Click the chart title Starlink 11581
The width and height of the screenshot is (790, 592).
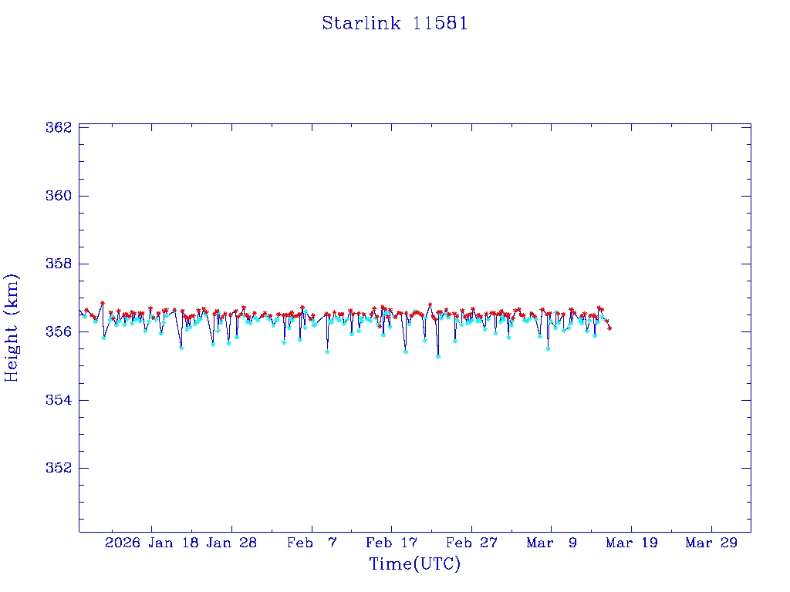click(394, 23)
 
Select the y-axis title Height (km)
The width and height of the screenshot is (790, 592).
click(12, 328)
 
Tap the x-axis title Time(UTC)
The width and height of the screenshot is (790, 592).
click(414, 564)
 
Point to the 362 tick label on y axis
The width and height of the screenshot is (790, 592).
click(59, 127)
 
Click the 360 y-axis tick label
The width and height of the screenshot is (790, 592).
click(59, 196)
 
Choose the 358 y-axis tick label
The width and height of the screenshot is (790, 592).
click(59, 264)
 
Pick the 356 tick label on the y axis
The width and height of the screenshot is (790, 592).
click(59, 331)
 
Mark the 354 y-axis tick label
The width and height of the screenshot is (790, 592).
click(59, 400)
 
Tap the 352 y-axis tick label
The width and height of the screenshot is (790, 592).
click(59, 468)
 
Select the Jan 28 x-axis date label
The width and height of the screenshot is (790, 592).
click(231, 543)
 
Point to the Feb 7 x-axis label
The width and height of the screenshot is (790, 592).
click(312, 543)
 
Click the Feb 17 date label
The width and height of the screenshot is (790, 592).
click(391, 543)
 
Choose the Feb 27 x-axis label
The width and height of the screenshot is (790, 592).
click(471, 543)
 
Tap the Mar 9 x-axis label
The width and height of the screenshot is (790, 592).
click(552, 543)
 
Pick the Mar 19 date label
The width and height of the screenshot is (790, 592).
click(631, 543)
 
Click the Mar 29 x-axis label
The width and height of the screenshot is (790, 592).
click(711, 543)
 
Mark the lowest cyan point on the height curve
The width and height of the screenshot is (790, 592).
click(438, 356)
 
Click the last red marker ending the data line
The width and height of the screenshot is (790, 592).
click(609, 328)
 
